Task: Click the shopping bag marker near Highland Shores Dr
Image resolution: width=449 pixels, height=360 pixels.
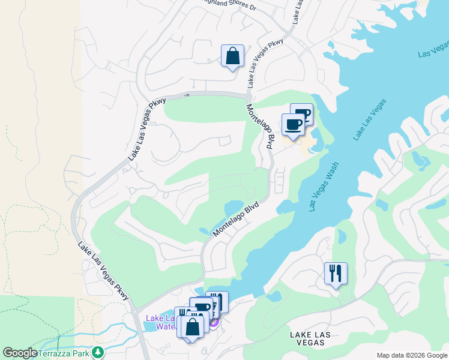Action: coord(232,56)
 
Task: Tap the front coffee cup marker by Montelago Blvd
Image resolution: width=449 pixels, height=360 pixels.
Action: coord(293,124)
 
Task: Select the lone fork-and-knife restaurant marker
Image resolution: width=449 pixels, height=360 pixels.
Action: coord(336,273)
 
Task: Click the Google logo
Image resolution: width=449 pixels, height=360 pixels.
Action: coord(20,353)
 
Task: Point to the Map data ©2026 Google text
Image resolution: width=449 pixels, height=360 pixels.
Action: coord(412,355)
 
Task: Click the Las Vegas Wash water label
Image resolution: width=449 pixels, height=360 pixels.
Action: coord(324,187)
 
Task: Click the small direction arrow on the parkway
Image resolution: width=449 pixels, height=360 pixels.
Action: coord(188,95)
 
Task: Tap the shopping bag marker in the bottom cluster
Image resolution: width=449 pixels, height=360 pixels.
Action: coord(193,328)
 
